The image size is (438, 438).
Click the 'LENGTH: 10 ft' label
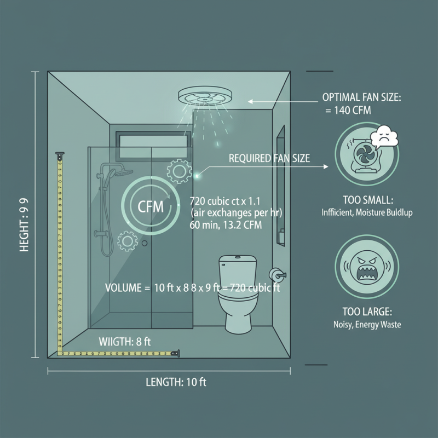[x=176, y=382]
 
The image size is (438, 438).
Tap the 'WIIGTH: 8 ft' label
[x=124, y=342]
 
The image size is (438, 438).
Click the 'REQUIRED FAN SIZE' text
[x=269, y=159]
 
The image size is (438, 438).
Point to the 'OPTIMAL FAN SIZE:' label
[x=361, y=97]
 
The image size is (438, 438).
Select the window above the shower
[x=155, y=141]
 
